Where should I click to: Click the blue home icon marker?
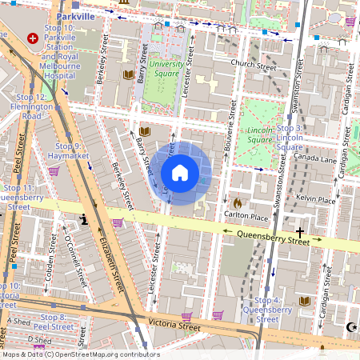(x=180, y=173)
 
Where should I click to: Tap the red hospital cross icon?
(x=33, y=38)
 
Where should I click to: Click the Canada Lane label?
(x=316, y=158)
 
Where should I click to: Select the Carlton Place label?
(x=246, y=216)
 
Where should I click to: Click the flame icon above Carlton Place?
(x=237, y=203)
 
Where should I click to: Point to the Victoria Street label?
(x=174, y=326)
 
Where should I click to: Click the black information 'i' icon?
(x=82, y=218)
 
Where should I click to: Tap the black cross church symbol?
(x=300, y=230)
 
